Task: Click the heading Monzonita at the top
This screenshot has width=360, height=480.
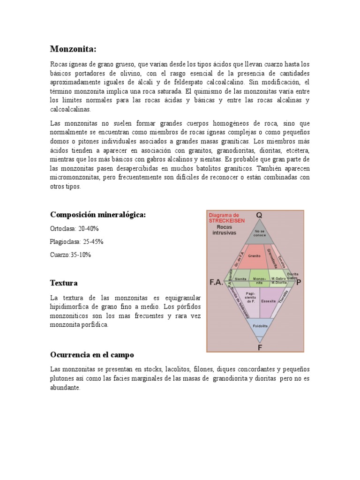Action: [73, 49]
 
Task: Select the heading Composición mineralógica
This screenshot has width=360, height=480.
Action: [98, 215]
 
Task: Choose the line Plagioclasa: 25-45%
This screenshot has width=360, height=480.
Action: [76, 242]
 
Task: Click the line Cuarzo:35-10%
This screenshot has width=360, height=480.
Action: [70, 255]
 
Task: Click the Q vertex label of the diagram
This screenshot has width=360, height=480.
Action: [259, 215]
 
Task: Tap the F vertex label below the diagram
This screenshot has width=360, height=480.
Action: [259, 347]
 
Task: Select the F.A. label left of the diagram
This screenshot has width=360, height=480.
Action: [216, 283]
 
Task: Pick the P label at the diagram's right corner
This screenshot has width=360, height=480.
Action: [299, 282]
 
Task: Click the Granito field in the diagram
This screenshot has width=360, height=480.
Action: [255, 256]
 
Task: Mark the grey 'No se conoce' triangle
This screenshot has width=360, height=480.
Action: [259, 233]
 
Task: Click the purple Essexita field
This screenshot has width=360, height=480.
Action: [268, 302]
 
